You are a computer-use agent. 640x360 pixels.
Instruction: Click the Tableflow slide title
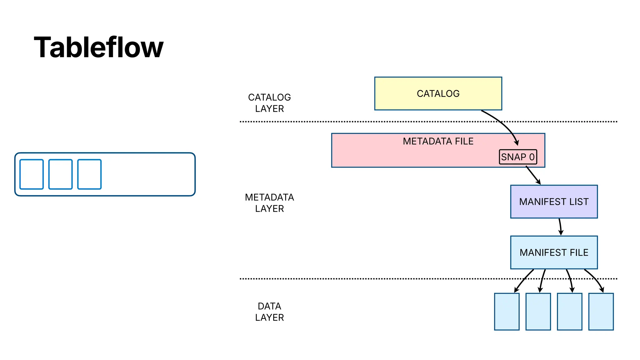coord(98,47)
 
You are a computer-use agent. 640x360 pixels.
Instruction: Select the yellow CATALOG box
coord(438,93)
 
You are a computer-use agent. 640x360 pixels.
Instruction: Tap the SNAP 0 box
coord(518,157)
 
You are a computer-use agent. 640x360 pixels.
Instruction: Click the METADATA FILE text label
coord(438,141)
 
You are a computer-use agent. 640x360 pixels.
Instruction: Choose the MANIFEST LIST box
coord(554,202)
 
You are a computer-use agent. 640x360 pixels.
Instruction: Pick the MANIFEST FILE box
coord(554,252)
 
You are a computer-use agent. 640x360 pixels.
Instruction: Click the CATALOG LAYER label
coord(269,103)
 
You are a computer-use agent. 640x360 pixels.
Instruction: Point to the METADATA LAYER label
coord(269,203)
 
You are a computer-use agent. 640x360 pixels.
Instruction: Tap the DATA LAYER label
coord(269,312)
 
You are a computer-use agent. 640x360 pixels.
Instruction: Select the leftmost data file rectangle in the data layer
coord(507,312)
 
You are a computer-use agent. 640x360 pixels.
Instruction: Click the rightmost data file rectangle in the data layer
coord(601,312)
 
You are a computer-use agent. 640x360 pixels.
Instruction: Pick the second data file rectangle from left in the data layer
coord(538,312)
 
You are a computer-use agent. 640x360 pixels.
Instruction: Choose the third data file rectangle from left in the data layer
coord(569,312)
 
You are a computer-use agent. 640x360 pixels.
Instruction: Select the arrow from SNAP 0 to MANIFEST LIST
coord(533,175)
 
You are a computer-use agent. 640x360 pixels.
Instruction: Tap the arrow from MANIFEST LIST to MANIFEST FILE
coord(560,227)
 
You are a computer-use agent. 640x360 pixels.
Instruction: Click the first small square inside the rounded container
coord(32,174)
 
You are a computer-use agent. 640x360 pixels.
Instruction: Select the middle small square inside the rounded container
coord(60,174)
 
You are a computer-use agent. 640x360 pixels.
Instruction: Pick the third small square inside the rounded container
coord(89,174)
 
